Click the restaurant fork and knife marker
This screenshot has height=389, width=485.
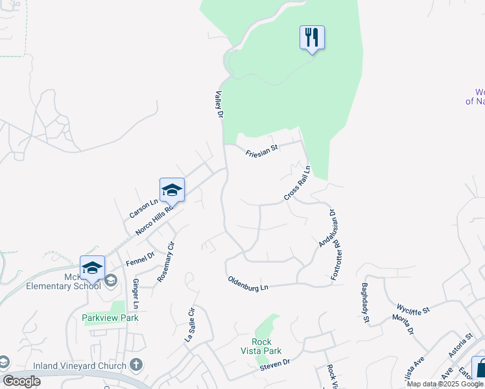[312, 38]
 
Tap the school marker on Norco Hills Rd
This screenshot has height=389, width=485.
[172, 190]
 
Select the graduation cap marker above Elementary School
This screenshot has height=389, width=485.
[92, 268]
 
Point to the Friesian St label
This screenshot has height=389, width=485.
[261, 151]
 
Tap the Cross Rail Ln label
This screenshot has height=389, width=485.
[298, 183]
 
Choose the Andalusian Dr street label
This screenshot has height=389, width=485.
[327, 228]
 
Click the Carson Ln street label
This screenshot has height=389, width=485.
[143, 208]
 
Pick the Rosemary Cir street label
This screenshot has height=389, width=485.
[167, 261]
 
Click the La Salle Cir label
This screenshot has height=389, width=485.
[190, 324]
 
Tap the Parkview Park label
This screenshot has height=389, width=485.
[110, 318]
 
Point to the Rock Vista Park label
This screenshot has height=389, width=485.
[266, 346]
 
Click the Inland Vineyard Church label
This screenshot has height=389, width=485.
[86, 366]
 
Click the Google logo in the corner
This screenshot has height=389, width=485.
[22, 381]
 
